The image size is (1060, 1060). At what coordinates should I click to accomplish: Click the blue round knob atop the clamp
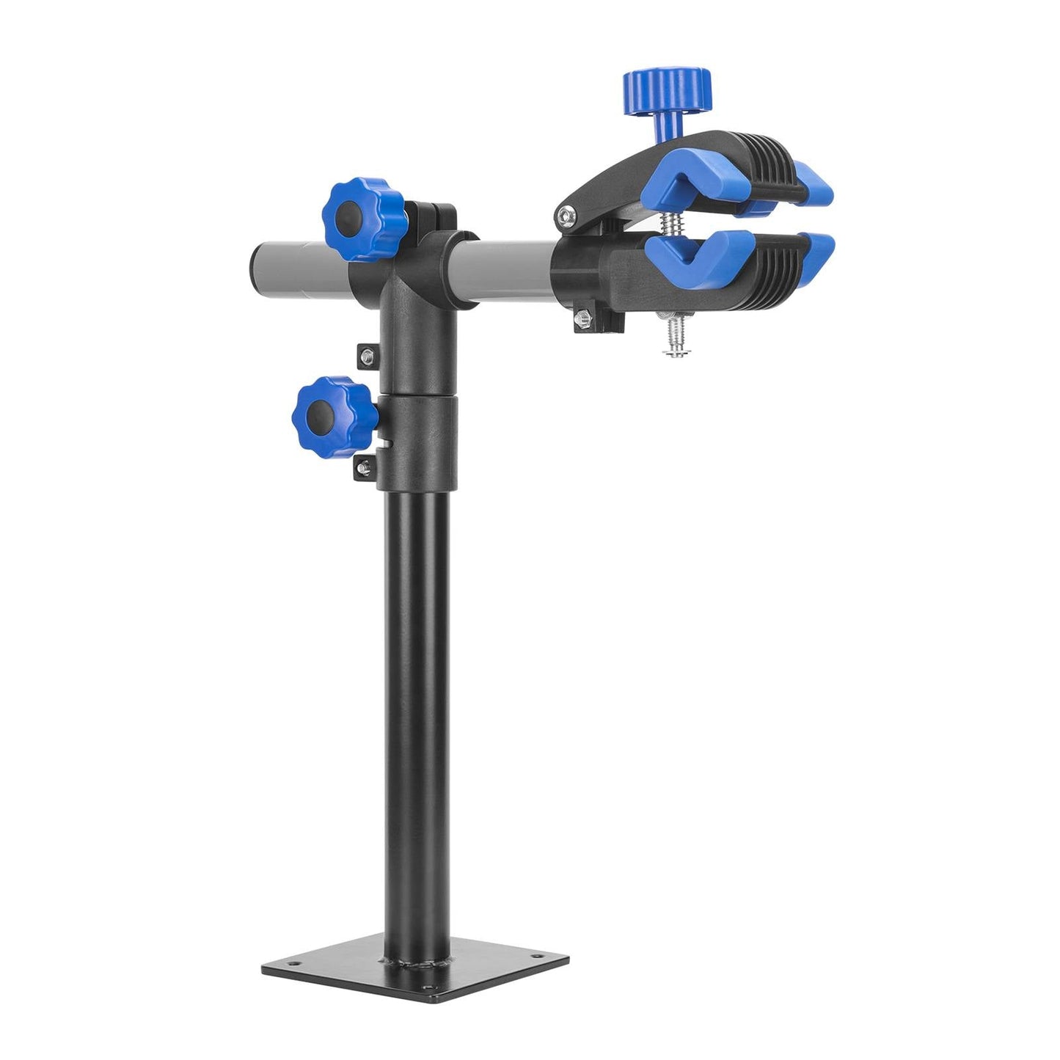pyautogui.click(x=666, y=90)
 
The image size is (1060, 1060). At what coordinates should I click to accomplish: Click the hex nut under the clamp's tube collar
pyautogui.click(x=584, y=318)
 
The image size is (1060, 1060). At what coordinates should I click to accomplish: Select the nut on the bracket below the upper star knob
pyautogui.click(x=367, y=357)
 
